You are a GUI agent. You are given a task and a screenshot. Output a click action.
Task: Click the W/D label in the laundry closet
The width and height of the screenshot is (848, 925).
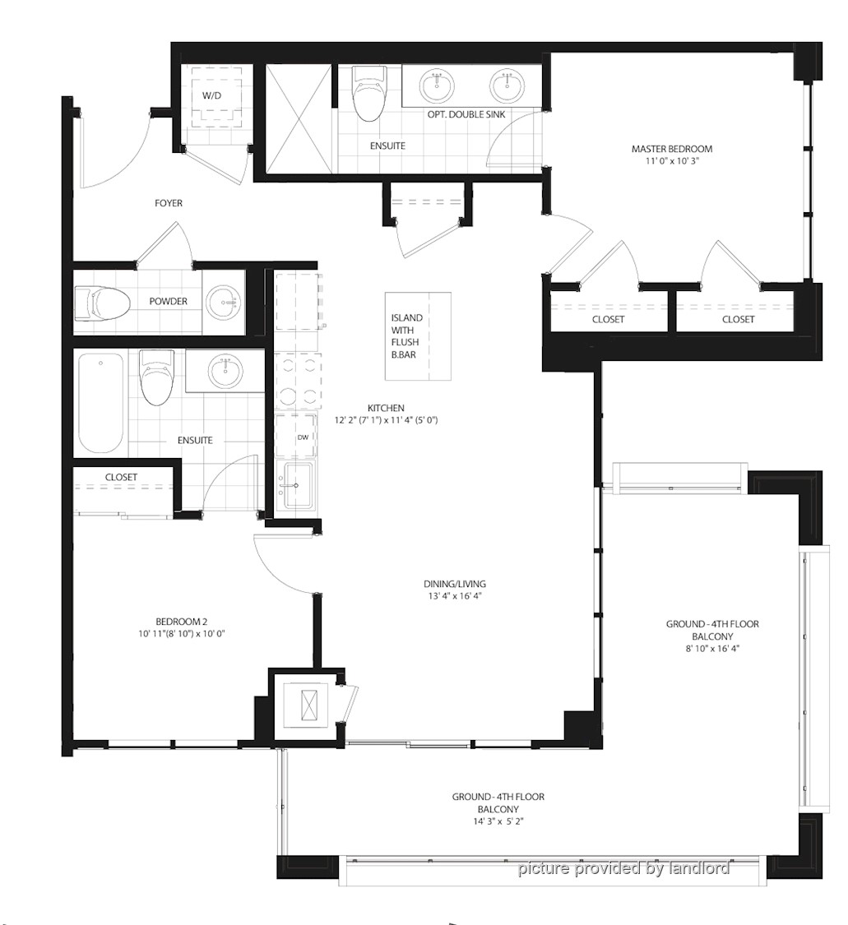[211, 95]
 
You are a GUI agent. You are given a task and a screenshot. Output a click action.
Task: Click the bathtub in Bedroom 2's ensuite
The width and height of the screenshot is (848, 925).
[101, 403]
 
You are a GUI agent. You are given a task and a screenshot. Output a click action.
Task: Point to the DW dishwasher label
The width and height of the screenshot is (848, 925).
[303, 437]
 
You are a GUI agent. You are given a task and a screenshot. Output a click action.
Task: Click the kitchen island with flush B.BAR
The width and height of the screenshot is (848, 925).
[419, 336]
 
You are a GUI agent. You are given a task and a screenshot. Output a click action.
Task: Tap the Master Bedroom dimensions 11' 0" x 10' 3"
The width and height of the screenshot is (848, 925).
[672, 160]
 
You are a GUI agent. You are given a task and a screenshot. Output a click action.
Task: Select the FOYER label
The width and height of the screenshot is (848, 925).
[169, 203]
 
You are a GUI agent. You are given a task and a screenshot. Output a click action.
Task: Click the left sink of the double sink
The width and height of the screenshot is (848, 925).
[438, 86]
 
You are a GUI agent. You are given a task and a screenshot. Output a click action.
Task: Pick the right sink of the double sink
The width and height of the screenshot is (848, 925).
[507, 86]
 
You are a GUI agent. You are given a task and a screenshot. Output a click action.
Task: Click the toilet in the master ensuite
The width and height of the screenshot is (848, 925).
[369, 93]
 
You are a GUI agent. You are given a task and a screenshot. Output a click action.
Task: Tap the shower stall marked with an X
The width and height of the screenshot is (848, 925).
[298, 118]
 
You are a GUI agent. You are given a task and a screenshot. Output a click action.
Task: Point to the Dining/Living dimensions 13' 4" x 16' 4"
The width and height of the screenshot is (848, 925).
[455, 596]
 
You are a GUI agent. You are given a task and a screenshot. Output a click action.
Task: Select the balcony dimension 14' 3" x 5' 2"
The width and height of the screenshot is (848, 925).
[498, 821]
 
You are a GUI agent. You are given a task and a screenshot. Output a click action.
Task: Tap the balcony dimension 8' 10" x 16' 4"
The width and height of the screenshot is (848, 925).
[713, 649]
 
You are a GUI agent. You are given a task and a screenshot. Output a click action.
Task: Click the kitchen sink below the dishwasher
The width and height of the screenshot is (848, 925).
[298, 485]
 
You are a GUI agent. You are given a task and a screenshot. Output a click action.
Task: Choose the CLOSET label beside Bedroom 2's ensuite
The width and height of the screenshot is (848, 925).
[121, 477]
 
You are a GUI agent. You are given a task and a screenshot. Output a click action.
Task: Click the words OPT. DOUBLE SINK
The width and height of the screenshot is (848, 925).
[466, 114]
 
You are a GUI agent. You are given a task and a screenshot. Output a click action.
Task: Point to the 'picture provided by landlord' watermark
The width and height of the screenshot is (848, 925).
[623, 868]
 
